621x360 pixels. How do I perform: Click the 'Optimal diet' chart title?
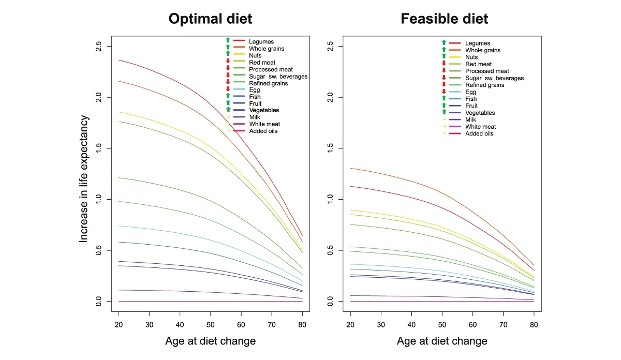coord(210,19)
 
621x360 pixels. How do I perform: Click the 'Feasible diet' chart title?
coord(444,19)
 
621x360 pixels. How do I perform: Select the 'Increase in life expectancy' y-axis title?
coord(84,179)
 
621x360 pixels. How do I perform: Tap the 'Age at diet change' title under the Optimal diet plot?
coord(210,341)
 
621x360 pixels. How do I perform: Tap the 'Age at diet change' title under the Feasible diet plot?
coord(442,341)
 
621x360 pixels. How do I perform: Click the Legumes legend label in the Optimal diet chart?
coord(261,41)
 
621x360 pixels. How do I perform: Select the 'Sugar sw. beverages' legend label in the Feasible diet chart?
coord(494,78)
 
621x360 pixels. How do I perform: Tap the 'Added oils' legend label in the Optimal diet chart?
coord(263,131)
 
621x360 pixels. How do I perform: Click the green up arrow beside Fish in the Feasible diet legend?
coord(443,99)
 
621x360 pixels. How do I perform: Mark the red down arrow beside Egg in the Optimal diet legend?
coord(228,90)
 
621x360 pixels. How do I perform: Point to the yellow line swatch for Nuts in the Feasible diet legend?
coord(455,57)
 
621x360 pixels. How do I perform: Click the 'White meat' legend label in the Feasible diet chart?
coord(480,127)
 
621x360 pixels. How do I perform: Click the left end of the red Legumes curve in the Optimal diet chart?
coord(119,60)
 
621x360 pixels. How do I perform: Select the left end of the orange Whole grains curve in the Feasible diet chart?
coord(350,168)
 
